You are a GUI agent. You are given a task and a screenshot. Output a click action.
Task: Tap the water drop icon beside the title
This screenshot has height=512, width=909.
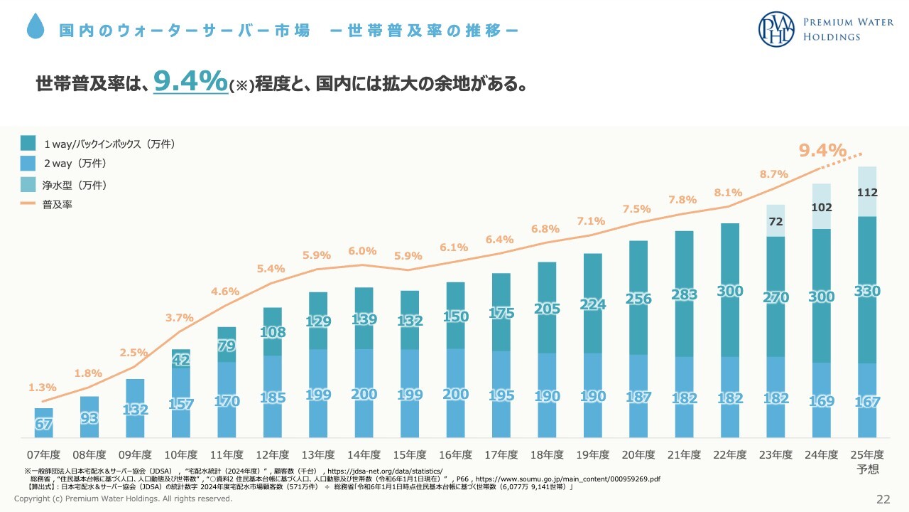click(36, 27)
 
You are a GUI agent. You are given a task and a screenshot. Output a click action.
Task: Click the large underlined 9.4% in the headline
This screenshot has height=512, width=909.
click(190, 81)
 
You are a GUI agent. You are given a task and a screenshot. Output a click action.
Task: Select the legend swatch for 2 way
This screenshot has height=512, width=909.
click(28, 164)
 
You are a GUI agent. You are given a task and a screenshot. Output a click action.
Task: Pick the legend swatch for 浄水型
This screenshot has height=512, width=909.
click(28, 185)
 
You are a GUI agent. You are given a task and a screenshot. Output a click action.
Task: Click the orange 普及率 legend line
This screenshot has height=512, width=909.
click(28, 204)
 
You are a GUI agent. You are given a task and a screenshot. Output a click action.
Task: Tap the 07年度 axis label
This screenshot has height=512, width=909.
click(44, 455)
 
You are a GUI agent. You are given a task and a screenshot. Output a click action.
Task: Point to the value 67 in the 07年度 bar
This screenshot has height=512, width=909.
click(44, 425)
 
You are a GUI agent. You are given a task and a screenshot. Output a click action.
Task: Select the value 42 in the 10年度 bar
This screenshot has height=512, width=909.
click(180, 361)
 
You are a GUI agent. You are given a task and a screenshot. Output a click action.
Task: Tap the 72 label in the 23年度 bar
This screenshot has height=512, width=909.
click(775, 222)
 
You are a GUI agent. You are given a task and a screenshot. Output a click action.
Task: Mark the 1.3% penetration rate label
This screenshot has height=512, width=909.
click(42, 388)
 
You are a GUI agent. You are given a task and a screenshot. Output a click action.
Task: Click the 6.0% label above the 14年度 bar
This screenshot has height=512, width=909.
click(362, 251)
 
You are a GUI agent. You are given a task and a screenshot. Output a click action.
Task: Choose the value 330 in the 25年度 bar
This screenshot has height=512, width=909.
click(867, 291)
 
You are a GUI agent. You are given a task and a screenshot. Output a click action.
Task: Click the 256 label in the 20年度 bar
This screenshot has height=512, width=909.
click(638, 299)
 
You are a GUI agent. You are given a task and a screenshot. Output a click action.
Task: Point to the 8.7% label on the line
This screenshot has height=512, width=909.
click(774, 174)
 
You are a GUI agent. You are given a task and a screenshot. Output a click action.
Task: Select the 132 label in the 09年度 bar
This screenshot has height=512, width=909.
click(135, 410)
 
